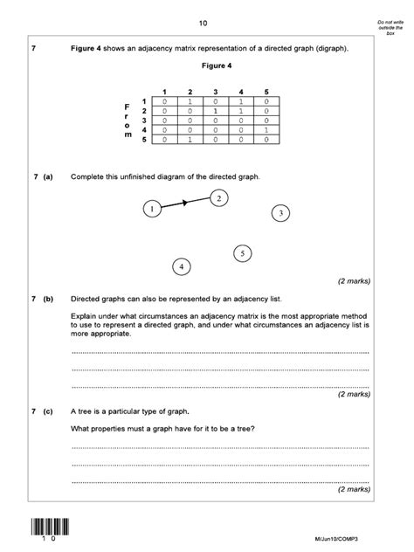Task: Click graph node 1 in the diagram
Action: [152, 209]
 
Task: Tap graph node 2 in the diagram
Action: [220, 198]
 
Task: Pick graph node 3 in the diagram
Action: [279, 212]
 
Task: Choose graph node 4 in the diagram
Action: [181, 266]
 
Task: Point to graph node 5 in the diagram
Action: [243, 253]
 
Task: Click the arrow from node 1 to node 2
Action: [186, 204]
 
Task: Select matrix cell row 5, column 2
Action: [190, 139]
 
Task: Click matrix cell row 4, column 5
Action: [266, 129]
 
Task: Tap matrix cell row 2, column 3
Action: [215, 111]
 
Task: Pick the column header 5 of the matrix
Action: [266, 92]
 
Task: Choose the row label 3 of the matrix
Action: [144, 121]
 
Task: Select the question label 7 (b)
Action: [42, 298]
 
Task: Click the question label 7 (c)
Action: [42, 411]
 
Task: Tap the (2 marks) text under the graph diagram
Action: [354, 281]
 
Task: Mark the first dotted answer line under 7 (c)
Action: [219, 447]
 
